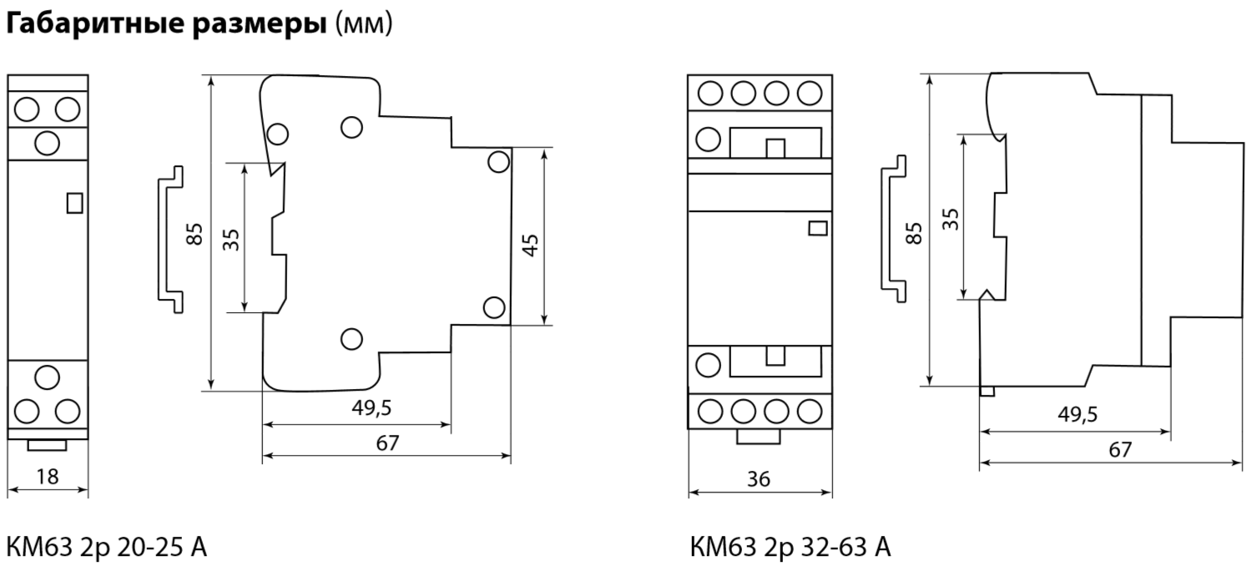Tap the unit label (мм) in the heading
click(x=363, y=25)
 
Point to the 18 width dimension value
click(x=48, y=477)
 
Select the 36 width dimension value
click(x=760, y=479)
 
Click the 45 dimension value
click(x=530, y=245)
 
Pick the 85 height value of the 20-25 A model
click(x=194, y=235)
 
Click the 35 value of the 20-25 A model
click(x=231, y=240)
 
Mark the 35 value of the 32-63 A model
click(x=950, y=219)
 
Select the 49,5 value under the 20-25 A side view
click(x=371, y=408)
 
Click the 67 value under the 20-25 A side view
click(x=387, y=443)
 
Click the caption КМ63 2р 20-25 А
click(x=107, y=548)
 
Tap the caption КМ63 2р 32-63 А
click(x=790, y=548)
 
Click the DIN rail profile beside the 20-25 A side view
click(x=170, y=233)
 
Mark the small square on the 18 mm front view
click(x=73, y=203)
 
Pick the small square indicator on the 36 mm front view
click(x=818, y=228)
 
